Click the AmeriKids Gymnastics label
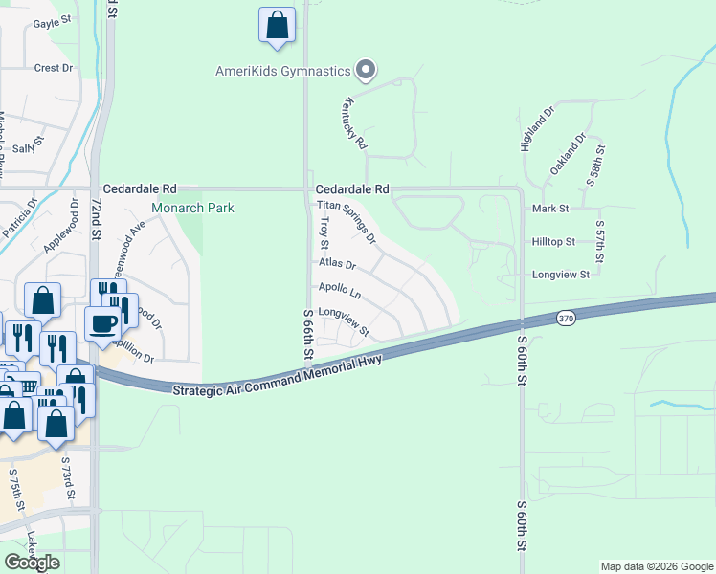(x=281, y=70)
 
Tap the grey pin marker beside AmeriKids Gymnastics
(x=365, y=69)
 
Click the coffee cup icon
(x=102, y=323)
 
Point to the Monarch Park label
(x=192, y=208)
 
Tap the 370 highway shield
(x=567, y=318)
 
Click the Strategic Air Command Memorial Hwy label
(x=278, y=375)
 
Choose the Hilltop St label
(x=552, y=243)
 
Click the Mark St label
(x=550, y=208)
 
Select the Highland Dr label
(x=537, y=129)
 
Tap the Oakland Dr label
(x=567, y=153)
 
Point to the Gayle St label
(x=53, y=23)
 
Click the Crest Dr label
(x=54, y=68)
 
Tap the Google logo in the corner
(x=32, y=562)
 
